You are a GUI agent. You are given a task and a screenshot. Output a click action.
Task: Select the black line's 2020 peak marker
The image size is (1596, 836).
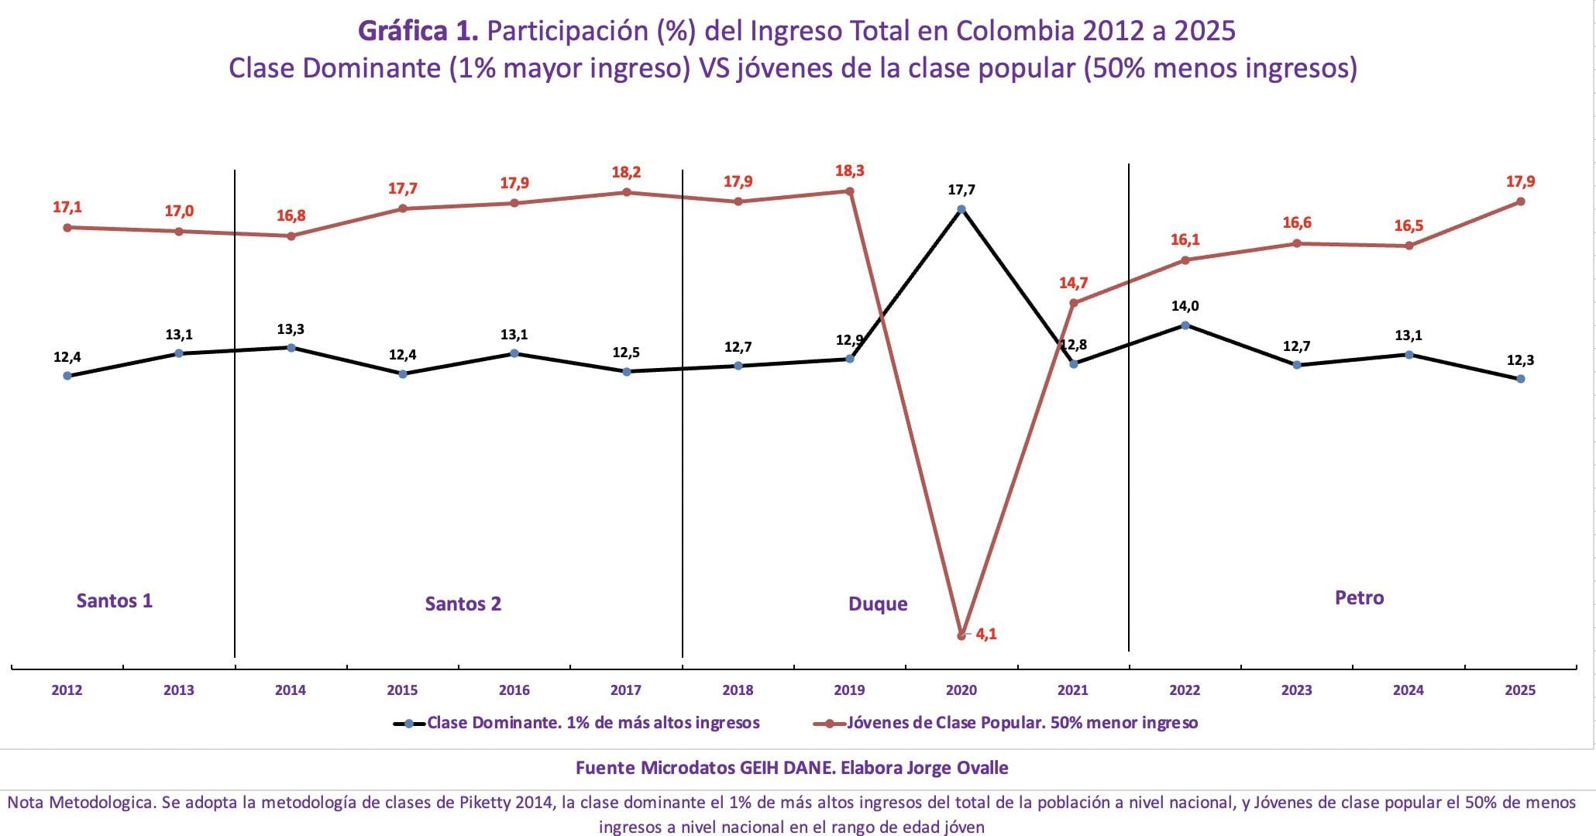tap(961, 209)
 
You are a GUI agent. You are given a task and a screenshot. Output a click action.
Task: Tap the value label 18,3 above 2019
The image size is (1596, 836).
tap(849, 171)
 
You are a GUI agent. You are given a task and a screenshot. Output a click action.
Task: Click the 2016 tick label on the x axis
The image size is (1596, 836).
tap(514, 690)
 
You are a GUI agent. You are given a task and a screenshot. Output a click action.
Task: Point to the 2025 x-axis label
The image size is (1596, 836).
tap(1520, 690)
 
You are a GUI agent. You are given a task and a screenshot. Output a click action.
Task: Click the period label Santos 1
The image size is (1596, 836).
tap(115, 600)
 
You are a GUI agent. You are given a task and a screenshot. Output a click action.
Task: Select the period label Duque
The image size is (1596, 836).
tap(878, 604)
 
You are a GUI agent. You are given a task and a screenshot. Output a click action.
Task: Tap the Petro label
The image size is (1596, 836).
tap(1359, 597)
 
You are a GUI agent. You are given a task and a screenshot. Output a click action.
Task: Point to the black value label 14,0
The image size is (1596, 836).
tap(1185, 306)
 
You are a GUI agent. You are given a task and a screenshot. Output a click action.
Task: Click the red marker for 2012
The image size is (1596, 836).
tap(67, 227)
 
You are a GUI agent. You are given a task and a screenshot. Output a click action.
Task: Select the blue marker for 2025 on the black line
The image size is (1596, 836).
tap(1520, 379)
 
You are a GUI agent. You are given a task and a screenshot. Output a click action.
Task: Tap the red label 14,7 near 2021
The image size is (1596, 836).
tap(1073, 284)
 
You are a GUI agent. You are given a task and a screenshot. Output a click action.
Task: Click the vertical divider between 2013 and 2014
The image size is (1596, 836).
tap(235, 411)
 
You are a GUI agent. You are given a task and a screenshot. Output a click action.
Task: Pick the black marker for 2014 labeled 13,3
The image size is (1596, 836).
tap(291, 348)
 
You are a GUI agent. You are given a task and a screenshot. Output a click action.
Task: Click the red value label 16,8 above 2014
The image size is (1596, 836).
tap(291, 215)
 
